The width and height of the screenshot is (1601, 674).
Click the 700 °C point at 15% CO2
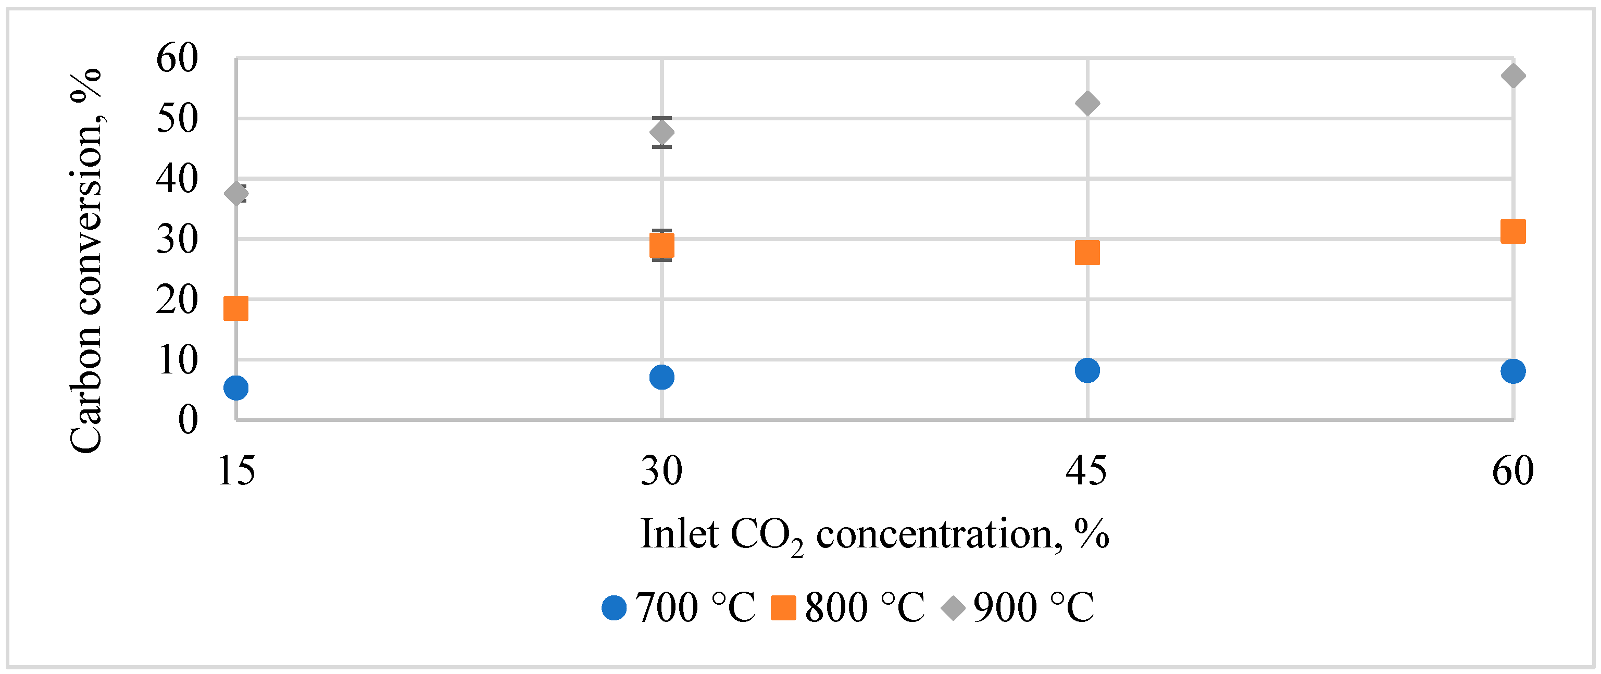236,388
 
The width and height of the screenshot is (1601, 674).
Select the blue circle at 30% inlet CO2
662,377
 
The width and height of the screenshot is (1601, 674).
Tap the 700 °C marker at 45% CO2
1087,370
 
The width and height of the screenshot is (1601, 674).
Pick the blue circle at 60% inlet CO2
1513,371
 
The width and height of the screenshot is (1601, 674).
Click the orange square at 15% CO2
236,308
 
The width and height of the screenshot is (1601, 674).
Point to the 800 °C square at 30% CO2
662,246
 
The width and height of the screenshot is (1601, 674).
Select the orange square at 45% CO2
1087,253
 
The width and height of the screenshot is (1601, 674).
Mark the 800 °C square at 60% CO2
1513,231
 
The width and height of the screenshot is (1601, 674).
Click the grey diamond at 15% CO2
236,193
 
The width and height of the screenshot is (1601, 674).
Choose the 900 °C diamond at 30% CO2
662,132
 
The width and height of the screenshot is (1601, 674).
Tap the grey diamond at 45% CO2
1087,103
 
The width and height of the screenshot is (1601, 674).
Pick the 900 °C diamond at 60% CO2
1513,76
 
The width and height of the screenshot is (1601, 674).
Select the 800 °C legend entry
848,607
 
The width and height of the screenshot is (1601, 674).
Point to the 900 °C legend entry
1017,607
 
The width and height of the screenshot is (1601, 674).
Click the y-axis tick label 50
177,118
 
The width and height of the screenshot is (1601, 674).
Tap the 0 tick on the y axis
187,420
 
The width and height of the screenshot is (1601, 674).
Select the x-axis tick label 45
1086,471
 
